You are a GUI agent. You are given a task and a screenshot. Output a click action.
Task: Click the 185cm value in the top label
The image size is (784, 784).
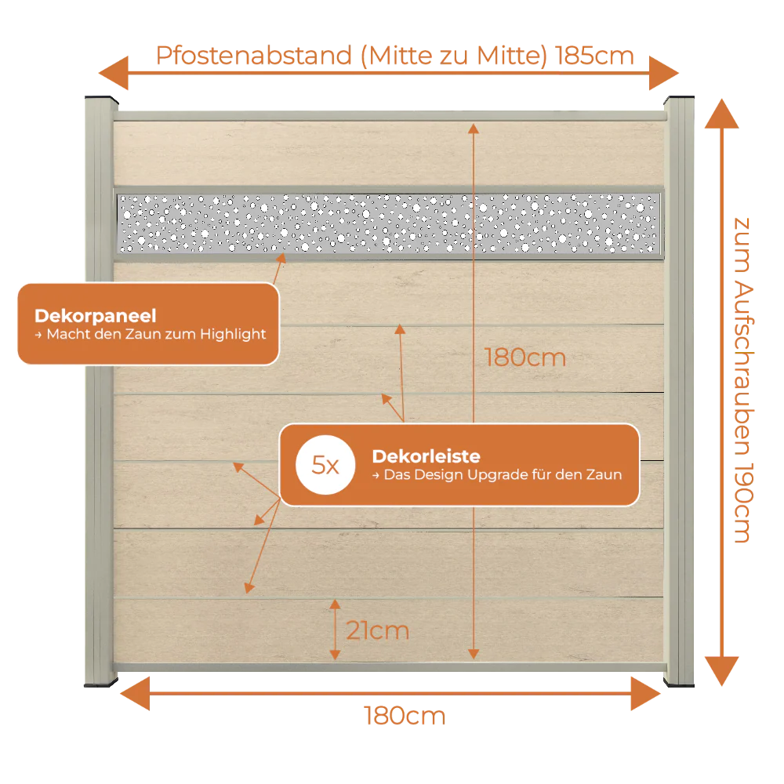[594, 56]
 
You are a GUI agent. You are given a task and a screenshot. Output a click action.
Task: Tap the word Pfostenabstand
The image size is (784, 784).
[254, 56]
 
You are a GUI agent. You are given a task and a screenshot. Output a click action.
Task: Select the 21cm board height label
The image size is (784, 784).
[378, 630]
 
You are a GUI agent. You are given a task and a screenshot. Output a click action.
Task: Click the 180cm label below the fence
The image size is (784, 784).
[405, 716]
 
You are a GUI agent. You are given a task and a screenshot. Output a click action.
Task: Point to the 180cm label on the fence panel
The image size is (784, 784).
[525, 358]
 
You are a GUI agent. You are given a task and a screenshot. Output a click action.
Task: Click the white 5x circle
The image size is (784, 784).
[325, 465]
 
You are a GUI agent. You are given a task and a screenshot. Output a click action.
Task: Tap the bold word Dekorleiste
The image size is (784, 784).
[426, 456]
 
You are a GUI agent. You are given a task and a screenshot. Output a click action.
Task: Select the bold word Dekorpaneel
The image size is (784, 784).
[96, 316]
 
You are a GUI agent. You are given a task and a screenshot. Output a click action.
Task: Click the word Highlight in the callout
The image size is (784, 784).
[233, 335]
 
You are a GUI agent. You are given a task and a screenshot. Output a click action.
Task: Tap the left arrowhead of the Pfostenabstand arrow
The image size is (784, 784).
[114, 73]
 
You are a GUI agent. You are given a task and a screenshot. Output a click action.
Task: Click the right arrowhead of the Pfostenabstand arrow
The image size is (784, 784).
[664, 73]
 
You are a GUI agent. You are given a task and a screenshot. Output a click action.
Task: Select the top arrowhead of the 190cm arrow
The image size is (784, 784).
[721, 114]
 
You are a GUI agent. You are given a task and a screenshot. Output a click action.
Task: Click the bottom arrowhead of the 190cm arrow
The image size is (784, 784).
[721, 671]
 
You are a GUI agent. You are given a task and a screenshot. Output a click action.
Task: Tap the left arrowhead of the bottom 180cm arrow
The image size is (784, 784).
[135, 694]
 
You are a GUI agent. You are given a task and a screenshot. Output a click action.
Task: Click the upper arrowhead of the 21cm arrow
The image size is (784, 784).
[335, 604]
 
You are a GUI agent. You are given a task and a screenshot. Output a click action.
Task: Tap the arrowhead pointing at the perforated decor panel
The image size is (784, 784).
[281, 258]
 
